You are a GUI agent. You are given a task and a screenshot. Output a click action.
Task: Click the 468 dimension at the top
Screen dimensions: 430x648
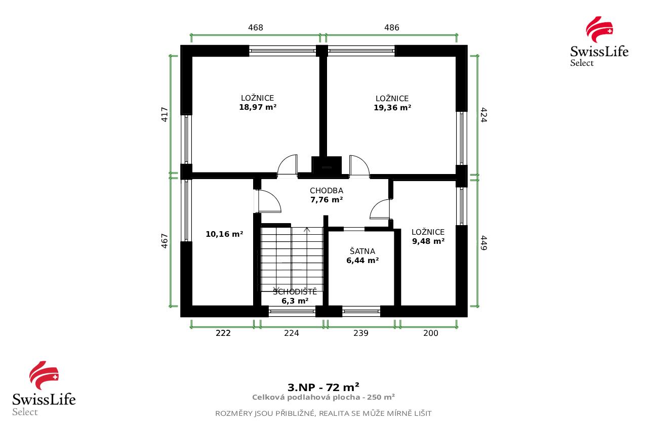(x=256, y=28)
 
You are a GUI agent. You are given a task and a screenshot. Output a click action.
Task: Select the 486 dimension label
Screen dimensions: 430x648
(x=392, y=28)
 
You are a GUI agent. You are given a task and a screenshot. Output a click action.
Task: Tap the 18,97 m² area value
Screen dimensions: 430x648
(x=258, y=107)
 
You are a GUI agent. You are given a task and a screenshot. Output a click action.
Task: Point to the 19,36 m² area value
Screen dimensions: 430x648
(x=392, y=108)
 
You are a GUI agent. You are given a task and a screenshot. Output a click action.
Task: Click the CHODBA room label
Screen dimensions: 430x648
(x=327, y=191)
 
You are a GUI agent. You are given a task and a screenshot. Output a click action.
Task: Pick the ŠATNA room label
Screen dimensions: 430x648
(x=362, y=251)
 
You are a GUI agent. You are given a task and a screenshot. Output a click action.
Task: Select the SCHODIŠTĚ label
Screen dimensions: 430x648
(x=295, y=292)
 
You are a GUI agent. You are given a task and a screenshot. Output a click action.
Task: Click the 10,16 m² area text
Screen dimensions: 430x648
(x=224, y=234)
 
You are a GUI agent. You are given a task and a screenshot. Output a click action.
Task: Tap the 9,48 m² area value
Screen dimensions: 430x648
(x=428, y=241)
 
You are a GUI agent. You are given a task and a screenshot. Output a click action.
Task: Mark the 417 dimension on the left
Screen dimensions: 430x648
(x=164, y=114)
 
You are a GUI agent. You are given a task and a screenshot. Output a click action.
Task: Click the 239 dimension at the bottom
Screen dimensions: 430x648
(x=361, y=333)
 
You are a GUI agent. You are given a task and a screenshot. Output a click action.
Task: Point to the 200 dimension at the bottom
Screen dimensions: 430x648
(x=431, y=333)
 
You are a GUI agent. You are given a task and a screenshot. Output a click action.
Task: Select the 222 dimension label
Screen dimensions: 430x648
(x=223, y=333)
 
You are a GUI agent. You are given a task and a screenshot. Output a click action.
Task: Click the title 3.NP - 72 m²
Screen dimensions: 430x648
(x=323, y=388)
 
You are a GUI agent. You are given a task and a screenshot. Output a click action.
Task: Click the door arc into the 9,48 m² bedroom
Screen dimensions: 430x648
(x=380, y=209)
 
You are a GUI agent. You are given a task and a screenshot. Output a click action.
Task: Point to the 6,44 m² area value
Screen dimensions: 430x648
(x=362, y=261)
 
